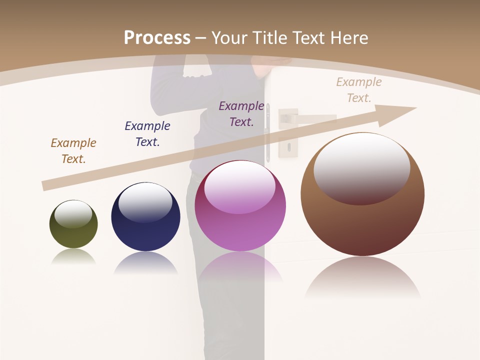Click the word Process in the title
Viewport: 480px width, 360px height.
(x=157, y=38)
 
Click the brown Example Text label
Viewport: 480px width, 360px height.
(x=73, y=151)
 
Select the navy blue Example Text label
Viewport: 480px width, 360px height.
(x=147, y=134)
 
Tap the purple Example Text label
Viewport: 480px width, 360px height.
(x=241, y=114)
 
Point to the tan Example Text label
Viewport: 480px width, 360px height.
(x=359, y=90)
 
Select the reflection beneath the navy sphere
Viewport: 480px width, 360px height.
(x=145, y=263)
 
